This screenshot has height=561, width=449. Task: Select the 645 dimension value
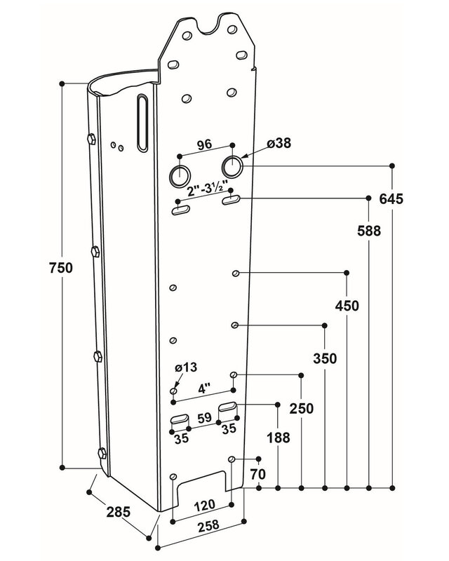coord(391,198)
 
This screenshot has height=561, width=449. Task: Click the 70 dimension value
coord(258,475)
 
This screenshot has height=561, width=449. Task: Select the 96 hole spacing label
coord(204,146)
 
